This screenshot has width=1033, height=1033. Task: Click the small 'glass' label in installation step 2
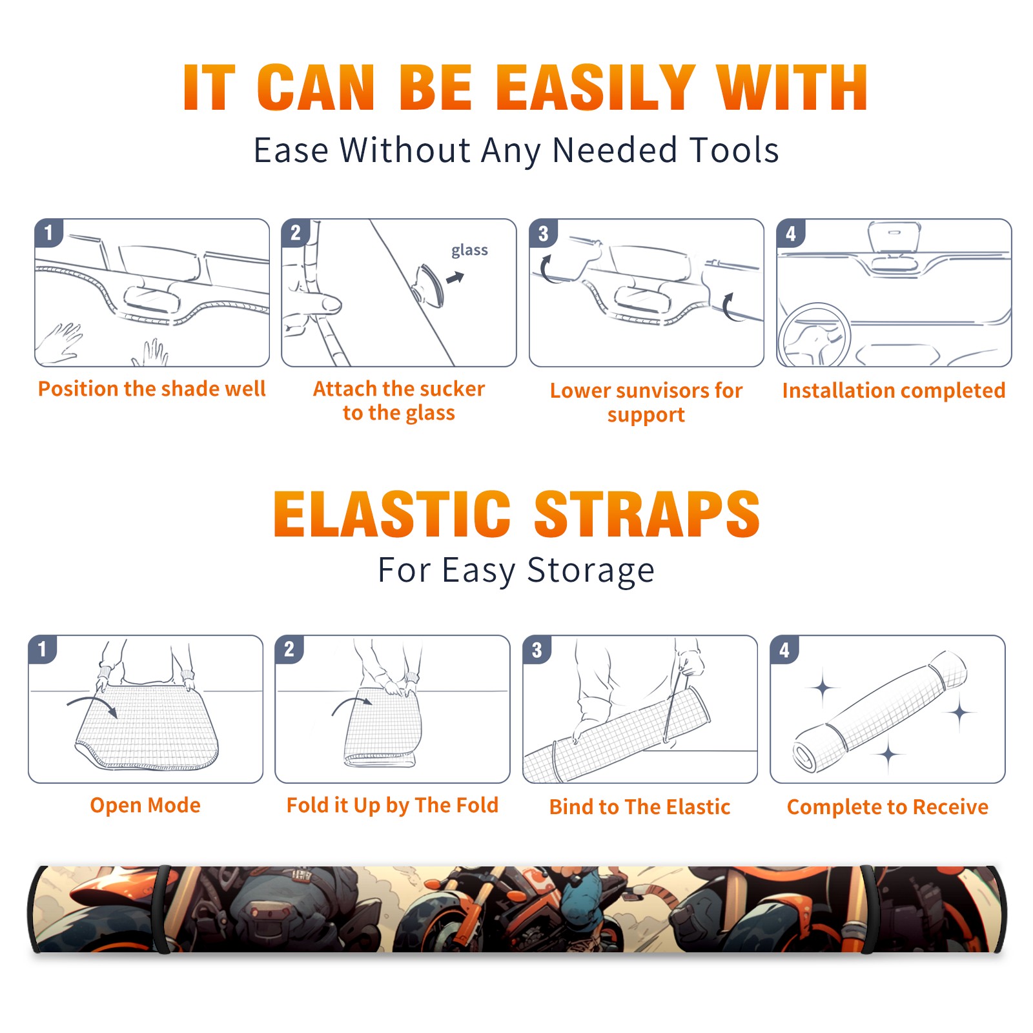[469, 251]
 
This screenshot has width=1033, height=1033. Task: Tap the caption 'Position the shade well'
[152, 389]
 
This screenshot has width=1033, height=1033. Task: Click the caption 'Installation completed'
[894, 391]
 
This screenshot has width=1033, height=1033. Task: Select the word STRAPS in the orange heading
[647, 514]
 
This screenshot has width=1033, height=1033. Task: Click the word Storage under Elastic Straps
[591, 571]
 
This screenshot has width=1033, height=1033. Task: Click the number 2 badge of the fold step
[289, 649]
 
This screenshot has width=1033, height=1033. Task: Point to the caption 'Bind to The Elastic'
[639, 807]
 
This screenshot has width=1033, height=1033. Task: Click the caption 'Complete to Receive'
[887, 807]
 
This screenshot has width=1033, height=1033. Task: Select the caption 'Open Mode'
[145, 805]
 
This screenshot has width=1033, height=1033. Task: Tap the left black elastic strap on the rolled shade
[162, 910]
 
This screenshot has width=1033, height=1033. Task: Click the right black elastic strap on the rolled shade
[866, 910]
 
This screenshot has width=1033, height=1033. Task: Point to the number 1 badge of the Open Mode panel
[43, 649]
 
